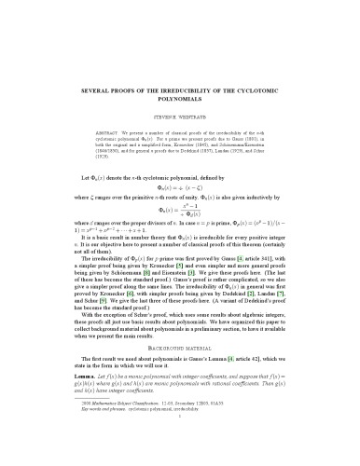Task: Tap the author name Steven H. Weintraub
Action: tap(179, 107)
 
